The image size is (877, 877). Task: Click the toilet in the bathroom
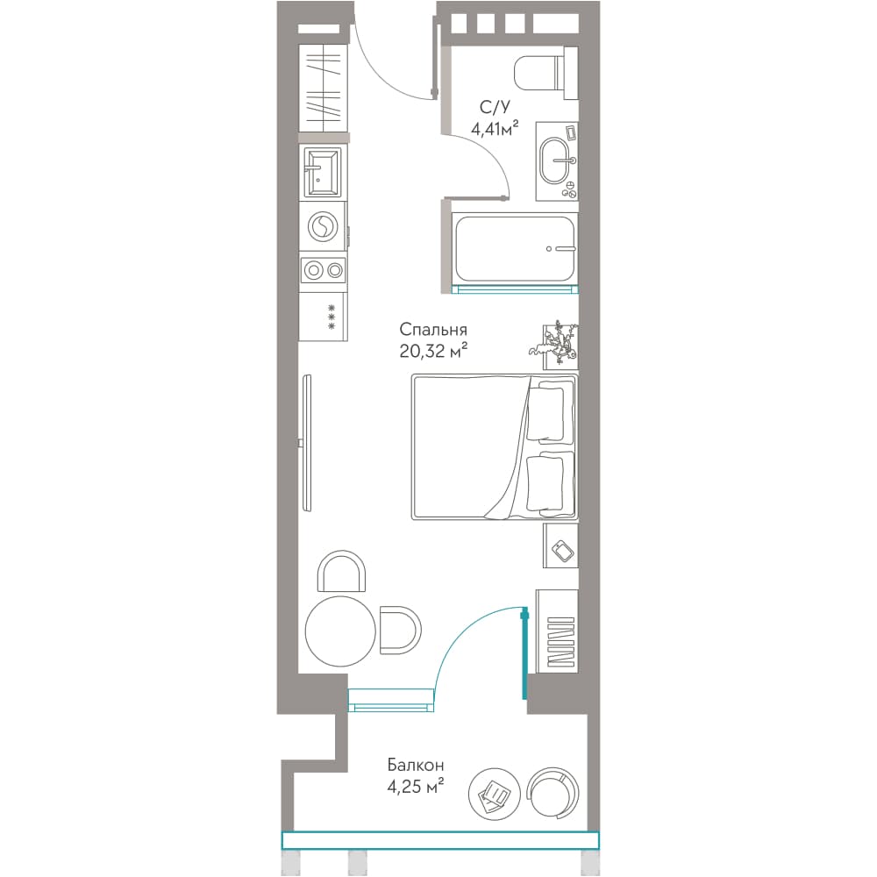545,73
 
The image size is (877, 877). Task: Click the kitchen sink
322,172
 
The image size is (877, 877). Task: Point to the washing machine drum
323,227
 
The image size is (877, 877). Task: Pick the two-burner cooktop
324,271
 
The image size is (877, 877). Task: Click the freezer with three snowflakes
324,317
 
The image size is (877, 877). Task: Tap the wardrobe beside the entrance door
323,86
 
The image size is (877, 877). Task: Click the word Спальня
433,330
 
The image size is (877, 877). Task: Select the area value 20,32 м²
433,351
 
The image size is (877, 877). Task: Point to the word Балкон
415,765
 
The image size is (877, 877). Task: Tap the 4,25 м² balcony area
415,787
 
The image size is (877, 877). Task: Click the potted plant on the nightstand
554,342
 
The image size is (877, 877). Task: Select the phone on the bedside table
563,551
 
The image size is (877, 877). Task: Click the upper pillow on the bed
545,412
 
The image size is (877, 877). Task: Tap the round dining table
340,631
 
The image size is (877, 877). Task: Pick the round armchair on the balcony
553,792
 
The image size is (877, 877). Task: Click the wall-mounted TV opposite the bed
306,443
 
